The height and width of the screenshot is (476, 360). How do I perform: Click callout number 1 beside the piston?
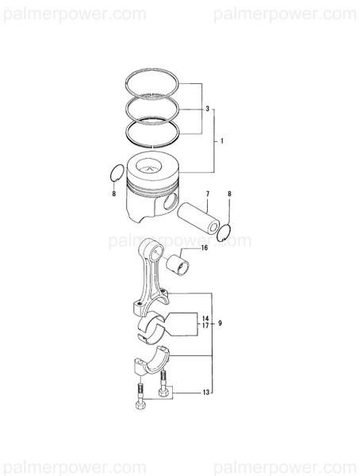222,141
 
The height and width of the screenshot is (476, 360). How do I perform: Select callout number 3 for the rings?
207,108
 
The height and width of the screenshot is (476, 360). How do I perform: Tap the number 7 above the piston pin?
185,194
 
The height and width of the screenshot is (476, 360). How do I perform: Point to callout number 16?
204,248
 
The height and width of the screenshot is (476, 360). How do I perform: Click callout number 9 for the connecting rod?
220,324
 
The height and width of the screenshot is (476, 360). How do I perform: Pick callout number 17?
205,326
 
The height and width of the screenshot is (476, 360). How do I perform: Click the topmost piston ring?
155,82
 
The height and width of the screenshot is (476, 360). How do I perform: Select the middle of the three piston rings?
155,106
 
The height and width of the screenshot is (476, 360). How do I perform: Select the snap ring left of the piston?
114,173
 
